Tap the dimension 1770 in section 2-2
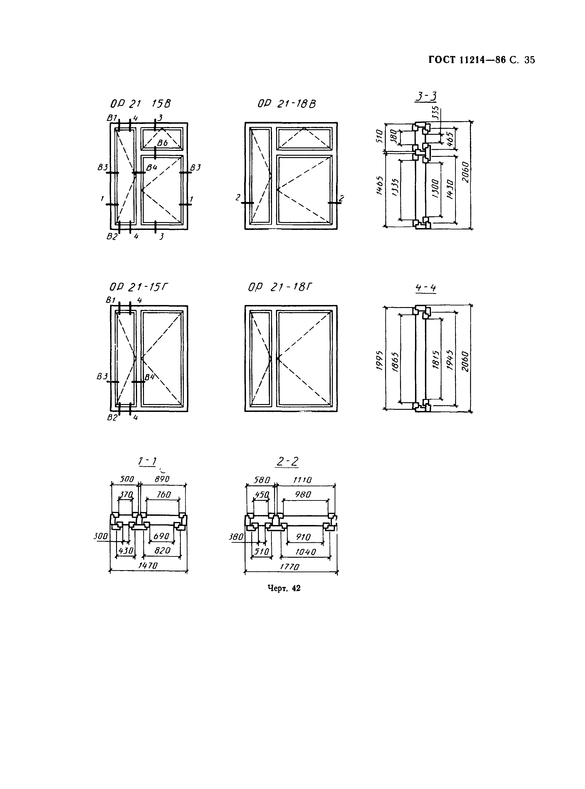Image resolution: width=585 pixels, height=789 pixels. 290,567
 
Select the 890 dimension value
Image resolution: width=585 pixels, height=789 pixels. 162,479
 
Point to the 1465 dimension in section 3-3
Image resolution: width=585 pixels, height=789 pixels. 379,186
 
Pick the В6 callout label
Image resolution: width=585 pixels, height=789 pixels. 163,143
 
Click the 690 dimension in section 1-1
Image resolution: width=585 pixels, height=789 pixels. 161,536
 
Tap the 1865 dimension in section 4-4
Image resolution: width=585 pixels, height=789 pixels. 395,362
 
